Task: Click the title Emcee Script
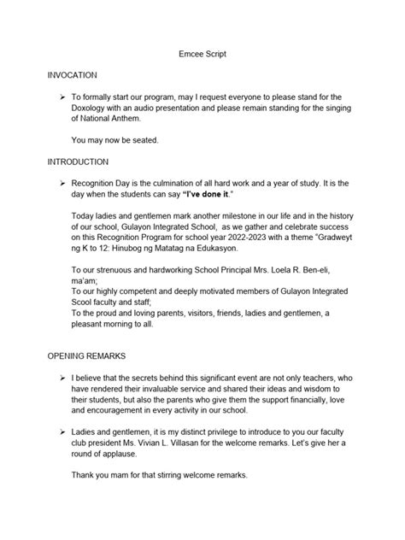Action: coord(202,53)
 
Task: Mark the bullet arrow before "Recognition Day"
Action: coord(60,184)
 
